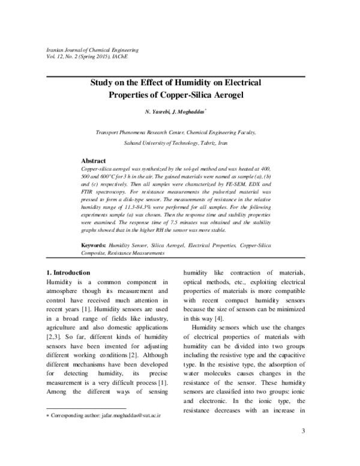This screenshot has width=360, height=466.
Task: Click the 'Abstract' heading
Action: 93,162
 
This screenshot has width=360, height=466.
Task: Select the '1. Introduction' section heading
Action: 69,273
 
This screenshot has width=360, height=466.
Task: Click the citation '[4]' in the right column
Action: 220,317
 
